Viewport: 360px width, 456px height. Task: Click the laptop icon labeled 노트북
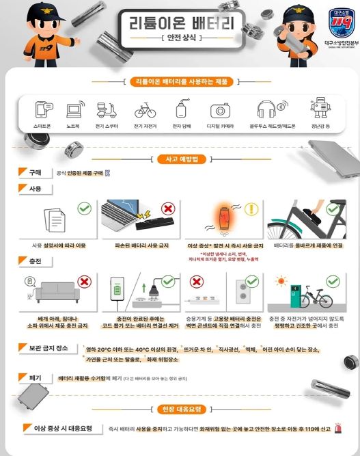click(x=74, y=111)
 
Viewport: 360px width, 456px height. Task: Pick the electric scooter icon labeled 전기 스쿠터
click(x=107, y=111)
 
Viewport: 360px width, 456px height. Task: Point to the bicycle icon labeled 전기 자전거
click(x=145, y=111)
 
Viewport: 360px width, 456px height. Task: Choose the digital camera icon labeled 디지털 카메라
click(x=220, y=111)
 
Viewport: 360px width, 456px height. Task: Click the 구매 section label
click(x=33, y=173)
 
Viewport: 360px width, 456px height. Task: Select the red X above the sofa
click(x=85, y=280)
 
